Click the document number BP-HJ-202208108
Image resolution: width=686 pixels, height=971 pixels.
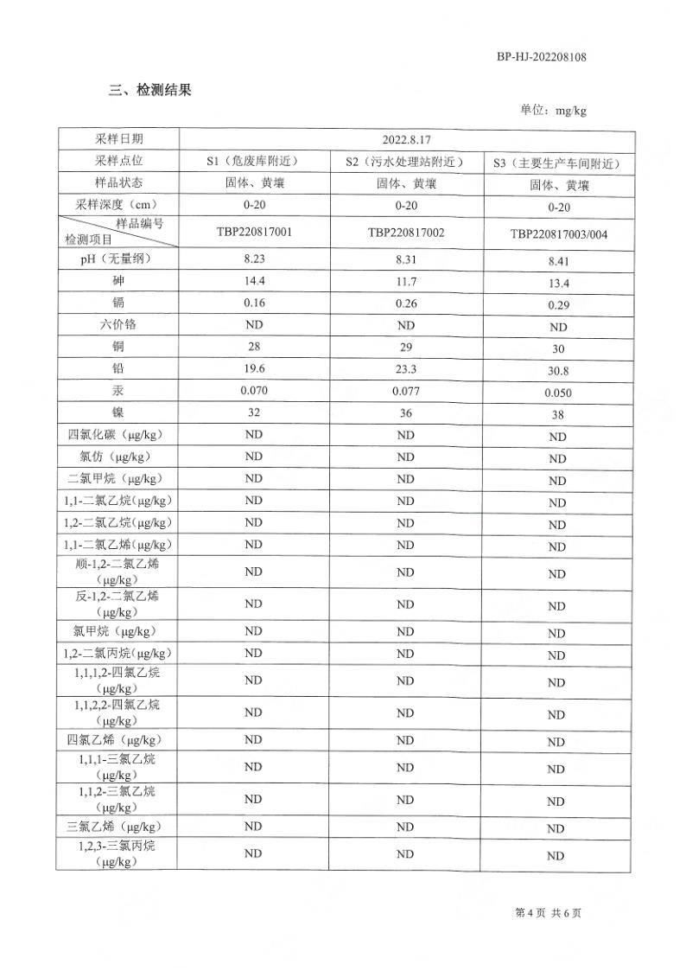click(x=542, y=57)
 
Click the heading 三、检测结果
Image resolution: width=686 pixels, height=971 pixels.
click(x=149, y=90)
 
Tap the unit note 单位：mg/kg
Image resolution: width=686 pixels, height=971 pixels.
click(x=553, y=110)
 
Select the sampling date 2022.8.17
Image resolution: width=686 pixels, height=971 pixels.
click(x=406, y=138)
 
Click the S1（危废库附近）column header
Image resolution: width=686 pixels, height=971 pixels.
click(x=253, y=161)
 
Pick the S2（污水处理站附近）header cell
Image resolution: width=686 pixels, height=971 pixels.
click(x=405, y=162)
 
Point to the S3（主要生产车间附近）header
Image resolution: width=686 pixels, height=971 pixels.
click(x=558, y=163)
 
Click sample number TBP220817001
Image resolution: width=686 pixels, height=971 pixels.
click(x=253, y=232)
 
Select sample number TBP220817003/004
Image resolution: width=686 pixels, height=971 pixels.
click(x=558, y=234)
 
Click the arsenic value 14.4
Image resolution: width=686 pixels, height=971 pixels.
click(x=253, y=280)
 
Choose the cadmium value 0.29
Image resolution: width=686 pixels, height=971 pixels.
click(x=558, y=305)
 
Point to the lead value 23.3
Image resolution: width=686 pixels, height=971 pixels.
click(x=405, y=368)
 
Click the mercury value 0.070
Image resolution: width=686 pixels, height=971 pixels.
click(x=253, y=390)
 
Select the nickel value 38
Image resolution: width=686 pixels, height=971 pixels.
click(x=558, y=415)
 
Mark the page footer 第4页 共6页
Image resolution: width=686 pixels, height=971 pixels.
click(x=548, y=913)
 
